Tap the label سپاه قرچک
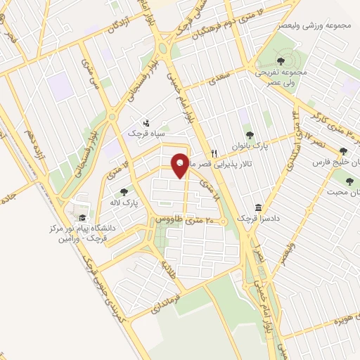click(x=145, y=132)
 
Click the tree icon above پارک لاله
click(x=124, y=191)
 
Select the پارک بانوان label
click(x=246, y=148)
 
